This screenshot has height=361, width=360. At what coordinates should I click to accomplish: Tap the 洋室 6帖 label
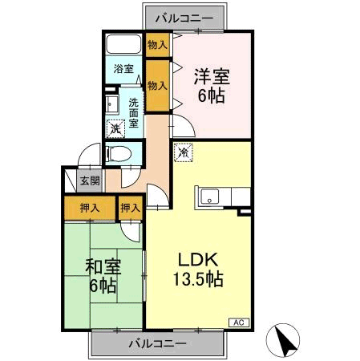pos(212,85)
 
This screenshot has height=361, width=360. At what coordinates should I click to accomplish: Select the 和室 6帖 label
pos(102,274)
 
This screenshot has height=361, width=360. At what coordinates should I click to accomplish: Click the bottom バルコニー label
pos(158,343)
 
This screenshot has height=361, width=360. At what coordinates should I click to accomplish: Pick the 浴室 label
pos(123,69)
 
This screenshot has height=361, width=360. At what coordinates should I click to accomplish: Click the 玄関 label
pos(90,180)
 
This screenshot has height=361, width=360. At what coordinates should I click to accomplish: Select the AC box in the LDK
pos(238,321)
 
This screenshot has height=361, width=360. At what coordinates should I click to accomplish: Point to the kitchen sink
pos(211,196)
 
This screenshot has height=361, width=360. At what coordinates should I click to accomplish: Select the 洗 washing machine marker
pos(115,127)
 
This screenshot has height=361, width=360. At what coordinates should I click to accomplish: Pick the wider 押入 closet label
pos(90,208)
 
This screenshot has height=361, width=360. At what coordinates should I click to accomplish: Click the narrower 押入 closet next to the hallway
pos(130,208)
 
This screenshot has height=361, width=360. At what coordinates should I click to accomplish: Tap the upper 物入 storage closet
pos(157,45)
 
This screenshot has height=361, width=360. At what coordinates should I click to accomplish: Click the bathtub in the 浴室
pos(124,45)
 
